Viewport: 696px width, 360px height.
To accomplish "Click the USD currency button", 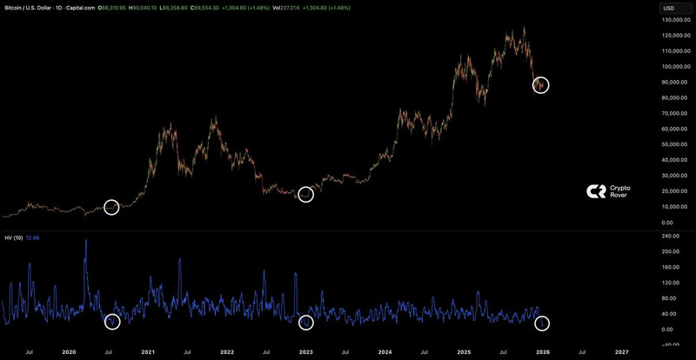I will [669, 8].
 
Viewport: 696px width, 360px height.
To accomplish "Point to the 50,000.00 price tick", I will [676, 144].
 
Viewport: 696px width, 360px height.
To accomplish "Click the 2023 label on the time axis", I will [306, 352].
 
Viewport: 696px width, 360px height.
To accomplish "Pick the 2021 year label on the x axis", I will [149, 352].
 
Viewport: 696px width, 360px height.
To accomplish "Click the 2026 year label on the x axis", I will [543, 352].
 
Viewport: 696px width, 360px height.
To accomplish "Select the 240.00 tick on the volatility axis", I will [671, 236].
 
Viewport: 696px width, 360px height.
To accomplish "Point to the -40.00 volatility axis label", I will [671, 345].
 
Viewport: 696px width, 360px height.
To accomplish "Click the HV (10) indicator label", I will [14, 237].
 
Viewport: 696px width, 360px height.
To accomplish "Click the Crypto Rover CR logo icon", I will [596, 191].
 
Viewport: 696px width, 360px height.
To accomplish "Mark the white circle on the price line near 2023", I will [305, 195].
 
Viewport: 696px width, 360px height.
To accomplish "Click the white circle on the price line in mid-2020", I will [111, 207].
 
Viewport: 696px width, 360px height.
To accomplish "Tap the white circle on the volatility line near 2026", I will [542, 323].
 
